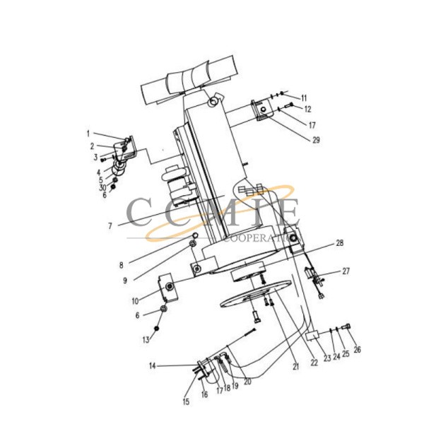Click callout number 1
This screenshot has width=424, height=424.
(89, 133)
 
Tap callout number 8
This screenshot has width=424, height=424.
(121, 265)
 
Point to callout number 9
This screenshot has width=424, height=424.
(125, 281)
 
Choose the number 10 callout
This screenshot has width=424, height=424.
(135, 302)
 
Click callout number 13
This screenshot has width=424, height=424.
(145, 340)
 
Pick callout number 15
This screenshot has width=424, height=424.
(186, 402)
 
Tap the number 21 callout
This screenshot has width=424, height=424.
(295, 366)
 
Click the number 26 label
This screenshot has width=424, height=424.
(357, 350)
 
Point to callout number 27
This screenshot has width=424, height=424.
(346, 271)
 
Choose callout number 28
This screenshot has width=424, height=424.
(339, 243)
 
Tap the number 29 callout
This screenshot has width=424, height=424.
(316, 140)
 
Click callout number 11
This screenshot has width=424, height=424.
(305, 97)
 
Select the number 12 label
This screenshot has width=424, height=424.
(307, 110)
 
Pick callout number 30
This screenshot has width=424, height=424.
(102, 188)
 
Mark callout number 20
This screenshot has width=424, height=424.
(247, 382)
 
